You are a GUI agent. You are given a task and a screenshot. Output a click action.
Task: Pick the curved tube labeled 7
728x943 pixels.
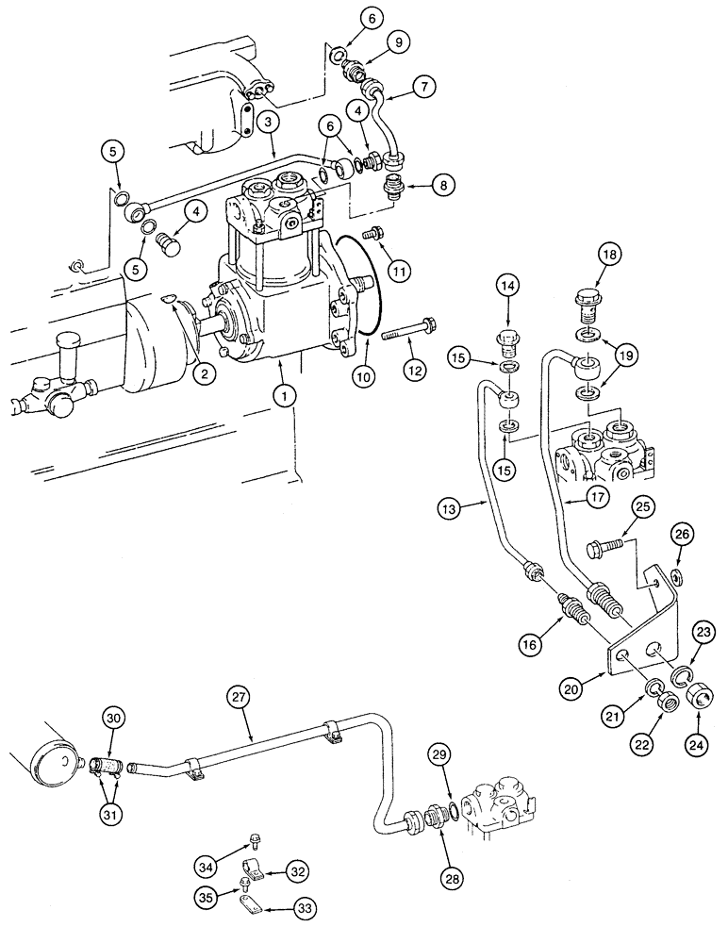(x=387, y=123)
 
